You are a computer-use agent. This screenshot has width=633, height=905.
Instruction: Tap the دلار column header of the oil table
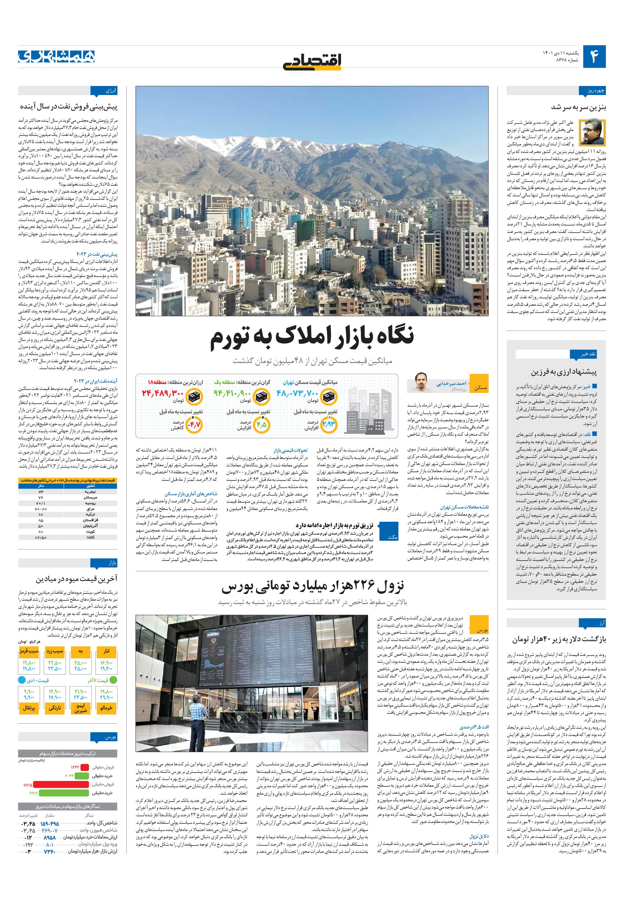click(x=41, y=486)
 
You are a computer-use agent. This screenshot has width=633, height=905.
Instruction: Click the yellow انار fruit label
click(x=106, y=651)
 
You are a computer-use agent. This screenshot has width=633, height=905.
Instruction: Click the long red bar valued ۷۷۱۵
click(x=61, y=785)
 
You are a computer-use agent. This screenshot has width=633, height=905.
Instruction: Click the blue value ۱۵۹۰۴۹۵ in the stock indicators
click(x=49, y=824)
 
